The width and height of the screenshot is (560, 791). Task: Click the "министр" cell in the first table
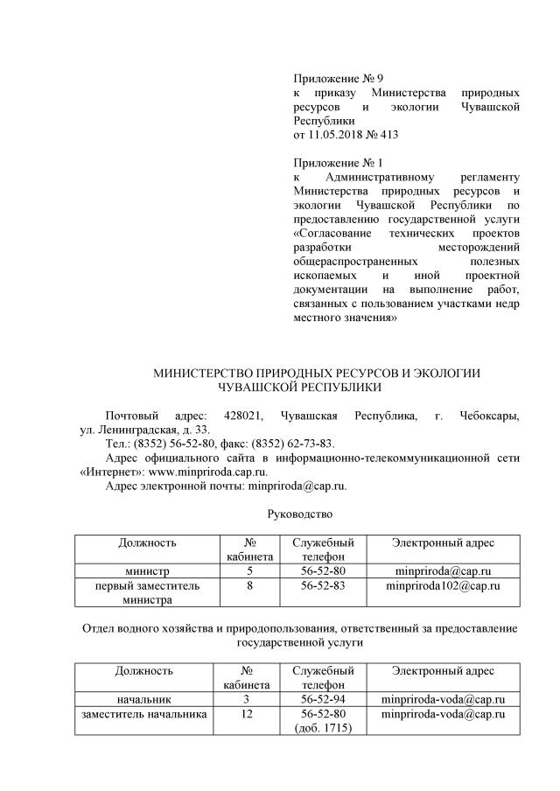(147, 571)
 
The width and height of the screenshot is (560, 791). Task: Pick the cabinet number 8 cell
(249, 586)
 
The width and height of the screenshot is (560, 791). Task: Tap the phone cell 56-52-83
(322, 586)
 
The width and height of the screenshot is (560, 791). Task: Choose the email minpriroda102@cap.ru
(443, 586)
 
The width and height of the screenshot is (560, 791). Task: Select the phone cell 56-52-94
(322, 700)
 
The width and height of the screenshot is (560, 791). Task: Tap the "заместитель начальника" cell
(143, 715)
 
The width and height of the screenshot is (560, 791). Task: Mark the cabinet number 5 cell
(249, 571)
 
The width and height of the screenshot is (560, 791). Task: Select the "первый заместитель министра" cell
(147, 593)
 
